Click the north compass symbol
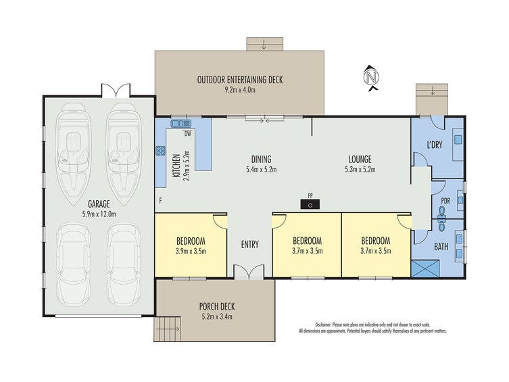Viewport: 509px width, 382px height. click(x=372, y=78)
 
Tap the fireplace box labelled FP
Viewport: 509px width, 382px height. click(x=310, y=204)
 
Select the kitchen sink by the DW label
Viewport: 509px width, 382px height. click(x=180, y=123)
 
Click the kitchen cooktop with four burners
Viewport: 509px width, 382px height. click(x=160, y=151)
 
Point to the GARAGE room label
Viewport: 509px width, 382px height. click(x=99, y=204)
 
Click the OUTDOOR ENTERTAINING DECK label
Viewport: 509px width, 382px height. click(x=240, y=80)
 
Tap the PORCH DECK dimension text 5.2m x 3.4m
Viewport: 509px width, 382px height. click(x=216, y=316)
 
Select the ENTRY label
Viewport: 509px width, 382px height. click(x=250, y=244)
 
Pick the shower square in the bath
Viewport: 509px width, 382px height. click(x=426, y=268)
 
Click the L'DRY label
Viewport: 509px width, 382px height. click(x=435, y=145)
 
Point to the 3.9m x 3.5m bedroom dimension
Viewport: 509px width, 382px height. click(x=191, y=251)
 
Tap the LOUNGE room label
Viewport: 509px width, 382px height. click(x=360, y=160)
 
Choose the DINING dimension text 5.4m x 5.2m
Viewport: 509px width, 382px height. click(x=262, y=169)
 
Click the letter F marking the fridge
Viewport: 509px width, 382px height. click(x=160, y=201)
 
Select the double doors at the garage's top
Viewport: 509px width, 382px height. click(x=116, y=91)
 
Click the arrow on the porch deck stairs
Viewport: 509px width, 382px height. click(x=172, y=329)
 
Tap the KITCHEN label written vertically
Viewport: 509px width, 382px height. click(x=176, y=166)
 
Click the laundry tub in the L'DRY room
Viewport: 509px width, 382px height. click(x=458, y=139)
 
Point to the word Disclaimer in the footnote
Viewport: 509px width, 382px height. click(x=323, y=325)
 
